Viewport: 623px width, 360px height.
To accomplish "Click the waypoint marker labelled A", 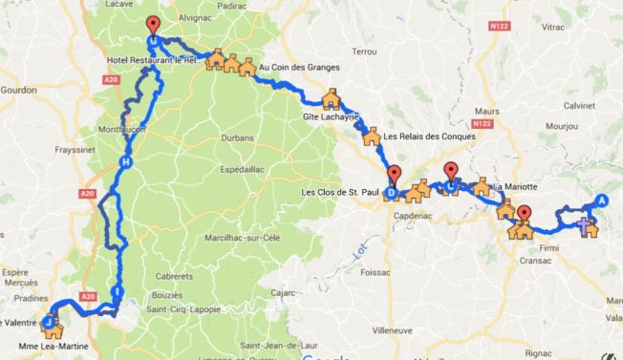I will point(602,200).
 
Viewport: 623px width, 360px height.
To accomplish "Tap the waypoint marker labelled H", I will point(125,163).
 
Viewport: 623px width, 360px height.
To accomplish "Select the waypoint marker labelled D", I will point(392,192).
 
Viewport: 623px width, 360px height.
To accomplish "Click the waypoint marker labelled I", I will point(117,291).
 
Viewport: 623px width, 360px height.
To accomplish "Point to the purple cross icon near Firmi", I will point(586,225).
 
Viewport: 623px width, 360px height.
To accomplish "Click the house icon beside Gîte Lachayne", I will point(332,99).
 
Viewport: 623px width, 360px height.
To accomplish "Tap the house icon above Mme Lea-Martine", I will point(51,325).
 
